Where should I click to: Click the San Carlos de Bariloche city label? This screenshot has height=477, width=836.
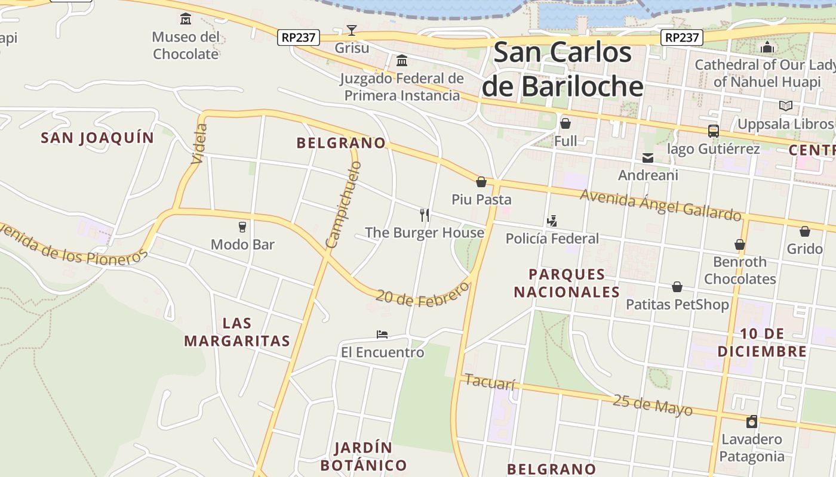[563, 69]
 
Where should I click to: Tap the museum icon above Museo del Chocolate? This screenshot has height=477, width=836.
[186, 19]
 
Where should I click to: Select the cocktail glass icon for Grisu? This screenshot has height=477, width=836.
[352, 30]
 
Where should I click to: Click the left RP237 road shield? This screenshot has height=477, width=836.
[299, 38]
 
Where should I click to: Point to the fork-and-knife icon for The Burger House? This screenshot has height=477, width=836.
[425, 215]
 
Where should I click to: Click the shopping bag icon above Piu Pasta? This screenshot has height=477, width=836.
[481, 182]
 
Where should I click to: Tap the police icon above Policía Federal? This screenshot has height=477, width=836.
[552, 221]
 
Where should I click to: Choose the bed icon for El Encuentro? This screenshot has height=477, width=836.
[382, 334]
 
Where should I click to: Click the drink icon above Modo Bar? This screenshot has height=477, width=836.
[242, 227]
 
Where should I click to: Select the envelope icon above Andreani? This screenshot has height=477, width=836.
[648, 157]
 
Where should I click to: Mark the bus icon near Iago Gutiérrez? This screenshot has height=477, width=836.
[713, 131]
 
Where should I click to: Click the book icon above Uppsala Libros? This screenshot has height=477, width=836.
[786, 106]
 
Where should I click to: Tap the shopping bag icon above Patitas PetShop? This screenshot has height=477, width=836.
[677, 287]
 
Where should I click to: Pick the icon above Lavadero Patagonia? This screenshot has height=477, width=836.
[752, 422]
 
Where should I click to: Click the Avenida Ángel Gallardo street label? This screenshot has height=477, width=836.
[660, 205]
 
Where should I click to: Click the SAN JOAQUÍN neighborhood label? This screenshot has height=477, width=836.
[97, 138]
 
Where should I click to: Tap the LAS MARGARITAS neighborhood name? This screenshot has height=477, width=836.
[237, 332]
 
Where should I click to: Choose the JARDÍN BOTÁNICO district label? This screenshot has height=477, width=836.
[363, 456]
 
